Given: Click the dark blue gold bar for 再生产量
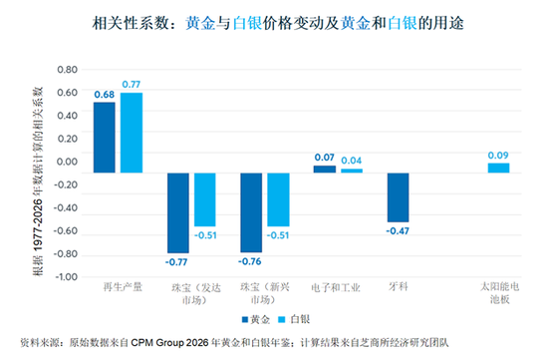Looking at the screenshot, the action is [x=105, y=138].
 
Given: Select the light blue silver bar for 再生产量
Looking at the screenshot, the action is [x=132, y=133].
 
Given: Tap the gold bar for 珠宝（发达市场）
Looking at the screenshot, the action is [x=178, y=212].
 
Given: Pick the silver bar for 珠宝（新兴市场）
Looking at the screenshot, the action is [x=279, y=199].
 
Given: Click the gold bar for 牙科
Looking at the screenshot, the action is [x=399, y=197].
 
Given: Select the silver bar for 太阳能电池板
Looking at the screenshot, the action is [x=499, y=168].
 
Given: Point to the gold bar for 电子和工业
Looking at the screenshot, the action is [x=325, y=170].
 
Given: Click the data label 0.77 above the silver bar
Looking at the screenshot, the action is [x=132, y=85].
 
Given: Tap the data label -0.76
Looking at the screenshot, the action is [x=249, y=261].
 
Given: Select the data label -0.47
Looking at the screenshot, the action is [x=398, y=231].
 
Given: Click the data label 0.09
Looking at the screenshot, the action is [x=498, y=156].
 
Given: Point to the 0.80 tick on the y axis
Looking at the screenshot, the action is [x=68, y=70].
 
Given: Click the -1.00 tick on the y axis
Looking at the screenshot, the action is [x=67, y=277].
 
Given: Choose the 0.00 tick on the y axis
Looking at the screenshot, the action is [x=68, y=162].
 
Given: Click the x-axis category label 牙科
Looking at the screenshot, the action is [x=399, y=287].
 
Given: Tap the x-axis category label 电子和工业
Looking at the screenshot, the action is [x=336, y=287].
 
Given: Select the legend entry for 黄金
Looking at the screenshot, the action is [x=256, y=319].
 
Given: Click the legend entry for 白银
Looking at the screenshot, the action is [x=294, y=319].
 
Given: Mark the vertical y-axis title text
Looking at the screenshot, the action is [x=38, y=181].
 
